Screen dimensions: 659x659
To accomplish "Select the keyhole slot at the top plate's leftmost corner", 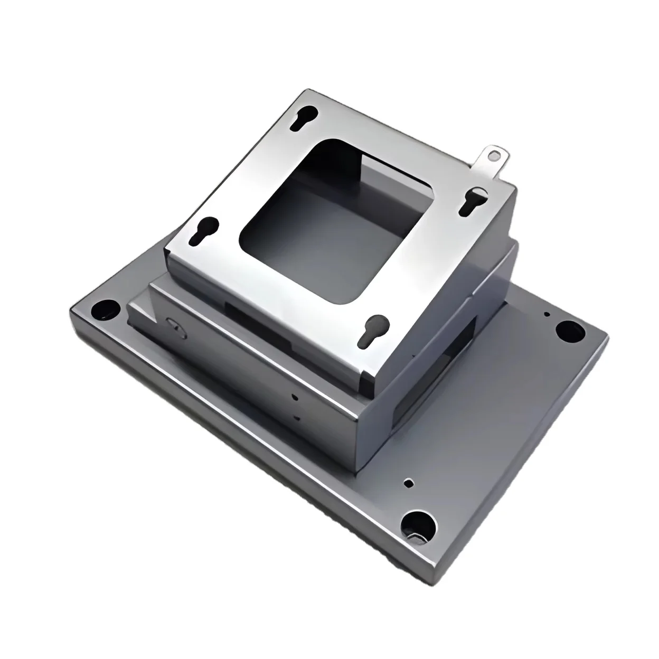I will click(202, 232).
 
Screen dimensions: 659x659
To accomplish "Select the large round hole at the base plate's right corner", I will click(570, 331).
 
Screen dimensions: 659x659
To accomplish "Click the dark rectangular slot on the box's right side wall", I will click(465, 338).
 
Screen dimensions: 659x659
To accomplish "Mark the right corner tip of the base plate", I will click(606, 338).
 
